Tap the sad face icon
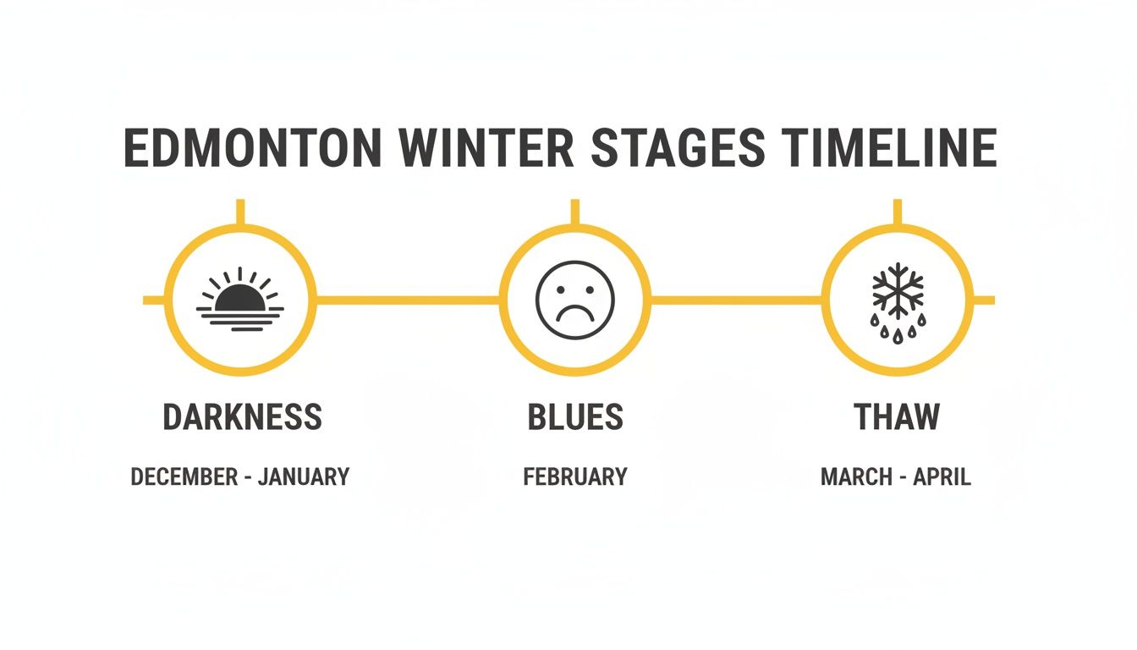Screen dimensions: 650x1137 575,300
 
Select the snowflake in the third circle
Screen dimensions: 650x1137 898,289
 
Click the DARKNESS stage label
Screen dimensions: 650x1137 242,417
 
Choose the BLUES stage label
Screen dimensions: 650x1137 575,417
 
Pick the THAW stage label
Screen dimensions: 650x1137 897,417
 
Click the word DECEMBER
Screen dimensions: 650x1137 184,477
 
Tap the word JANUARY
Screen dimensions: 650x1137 304,477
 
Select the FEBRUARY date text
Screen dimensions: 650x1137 575,477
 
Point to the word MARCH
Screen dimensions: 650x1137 855,477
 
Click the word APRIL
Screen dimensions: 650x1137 941,477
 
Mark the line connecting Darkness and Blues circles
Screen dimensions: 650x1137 408,300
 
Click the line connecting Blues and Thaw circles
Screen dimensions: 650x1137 736,300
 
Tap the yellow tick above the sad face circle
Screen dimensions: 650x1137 575,212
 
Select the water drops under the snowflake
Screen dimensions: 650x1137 898,328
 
